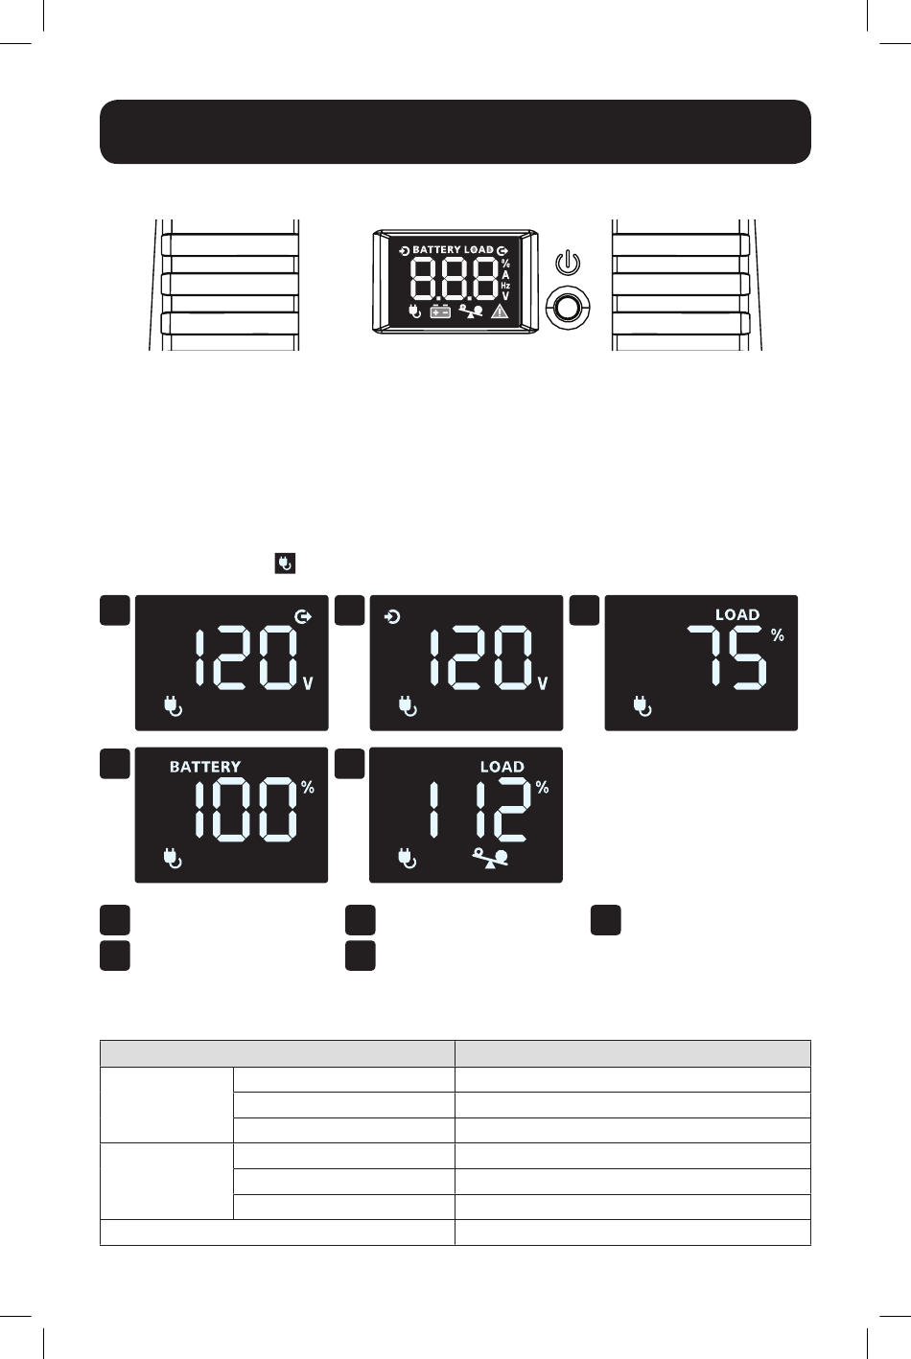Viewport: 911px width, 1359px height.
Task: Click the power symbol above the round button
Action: (568, 263)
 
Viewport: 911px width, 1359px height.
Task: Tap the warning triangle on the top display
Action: (500, 311)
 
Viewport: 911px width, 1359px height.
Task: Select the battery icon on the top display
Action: (440, 311)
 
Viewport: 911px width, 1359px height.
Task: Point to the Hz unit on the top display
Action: (505, 286)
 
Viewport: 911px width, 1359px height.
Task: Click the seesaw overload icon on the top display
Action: (471, 311)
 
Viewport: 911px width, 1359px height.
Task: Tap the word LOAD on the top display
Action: (479, 249)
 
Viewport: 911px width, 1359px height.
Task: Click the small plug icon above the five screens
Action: (285, 563)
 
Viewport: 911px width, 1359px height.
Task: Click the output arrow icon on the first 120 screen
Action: (303, 617)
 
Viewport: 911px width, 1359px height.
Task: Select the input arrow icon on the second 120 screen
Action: (392, 617)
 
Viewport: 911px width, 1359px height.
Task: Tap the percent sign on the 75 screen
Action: (778, 635)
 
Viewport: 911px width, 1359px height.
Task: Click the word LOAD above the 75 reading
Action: (737, 614)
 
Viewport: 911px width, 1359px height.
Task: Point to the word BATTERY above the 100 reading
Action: (205, 767)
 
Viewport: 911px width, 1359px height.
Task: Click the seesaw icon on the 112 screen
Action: (490, 858)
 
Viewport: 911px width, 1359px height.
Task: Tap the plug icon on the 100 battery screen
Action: (173, 859)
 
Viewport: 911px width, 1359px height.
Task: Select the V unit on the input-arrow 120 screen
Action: (543, 683)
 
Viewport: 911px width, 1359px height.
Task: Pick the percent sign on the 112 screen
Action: (543, 788)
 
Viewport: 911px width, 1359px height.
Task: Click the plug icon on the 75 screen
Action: (642, 706)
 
